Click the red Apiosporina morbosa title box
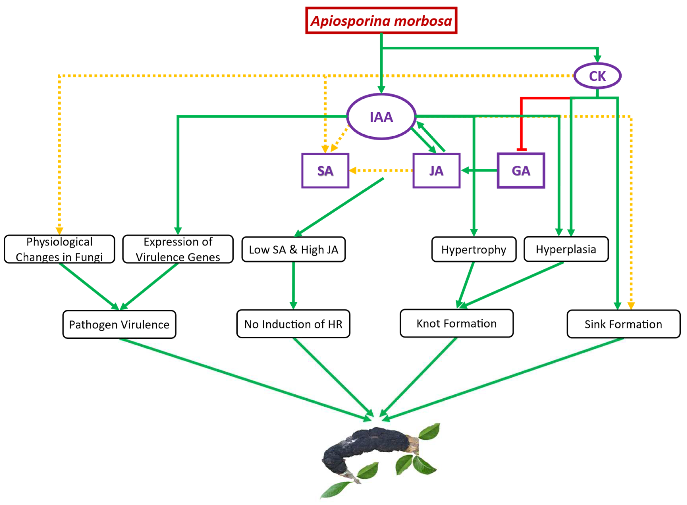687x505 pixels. click(x=381, y=20)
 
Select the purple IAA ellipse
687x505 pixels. click(x=381, y=117)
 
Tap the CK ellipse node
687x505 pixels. click(x=597, y=76)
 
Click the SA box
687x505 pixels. click(x=325, y=171)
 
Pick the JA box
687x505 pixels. click(x=436, y=171)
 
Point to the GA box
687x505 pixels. click(x=521, y=171)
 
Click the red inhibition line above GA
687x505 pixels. click(x=521, y=122)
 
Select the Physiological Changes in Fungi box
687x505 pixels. click(x=59, y=249)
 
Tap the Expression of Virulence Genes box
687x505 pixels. click(x=178, y=249)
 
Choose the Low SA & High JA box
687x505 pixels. click(x=293, y=250)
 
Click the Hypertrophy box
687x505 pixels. click(x=474, y=250)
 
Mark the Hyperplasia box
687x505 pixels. click(x=566, y=249)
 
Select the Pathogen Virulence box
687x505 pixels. click(x=119, y=324)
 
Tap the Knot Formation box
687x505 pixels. click(x=457, y=323)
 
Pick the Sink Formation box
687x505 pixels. click(x=623, y=324)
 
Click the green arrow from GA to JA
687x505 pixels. click(x=480, y=170)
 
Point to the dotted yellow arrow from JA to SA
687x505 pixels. click(x=382, y=171)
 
